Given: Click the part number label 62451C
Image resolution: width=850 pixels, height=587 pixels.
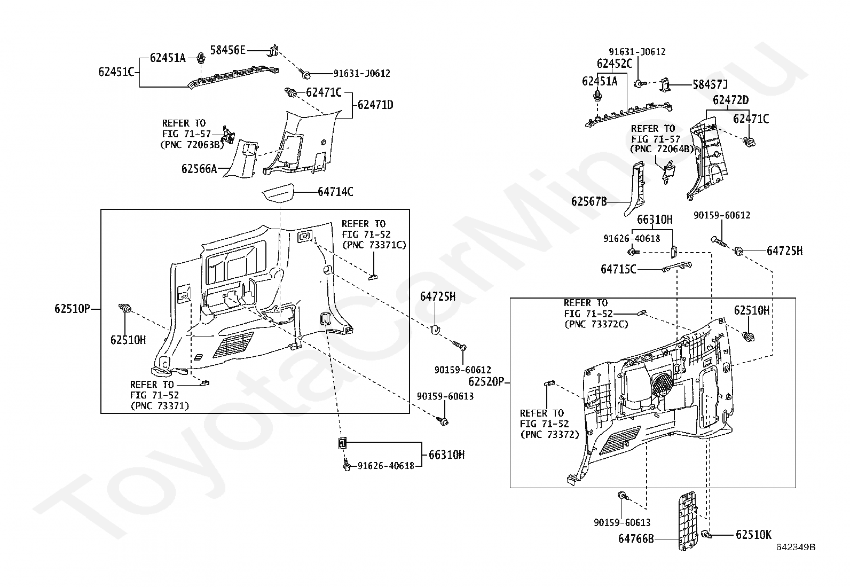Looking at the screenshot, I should click(x=116, y=72).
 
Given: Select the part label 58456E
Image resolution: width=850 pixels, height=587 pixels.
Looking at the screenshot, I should click(x=227, y=50).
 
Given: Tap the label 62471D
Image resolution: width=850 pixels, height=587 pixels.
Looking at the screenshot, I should click(x=375, y=105).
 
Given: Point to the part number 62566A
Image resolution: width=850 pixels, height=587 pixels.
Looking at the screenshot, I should click(x=199, y=169).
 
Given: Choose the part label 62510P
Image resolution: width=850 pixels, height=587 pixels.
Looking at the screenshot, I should click(x=72, y=308).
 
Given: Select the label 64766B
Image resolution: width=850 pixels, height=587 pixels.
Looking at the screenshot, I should click(x=636, y=539).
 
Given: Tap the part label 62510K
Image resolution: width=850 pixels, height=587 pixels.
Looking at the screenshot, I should click(x=753, y=535).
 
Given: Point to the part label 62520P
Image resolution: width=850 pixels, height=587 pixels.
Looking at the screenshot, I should click(x=486, y=382).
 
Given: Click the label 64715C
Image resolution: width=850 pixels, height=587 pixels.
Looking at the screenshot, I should click(x=618, y=269).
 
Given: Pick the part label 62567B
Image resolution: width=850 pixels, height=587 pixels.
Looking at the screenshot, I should click(x=589, y=201).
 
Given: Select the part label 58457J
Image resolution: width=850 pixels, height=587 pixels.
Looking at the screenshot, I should click(x=710, y=84).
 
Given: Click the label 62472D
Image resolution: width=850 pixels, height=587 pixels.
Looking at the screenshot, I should click(x=731, y=100).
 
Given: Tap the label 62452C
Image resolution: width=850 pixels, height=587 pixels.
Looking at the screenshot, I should click(x=615, y=64).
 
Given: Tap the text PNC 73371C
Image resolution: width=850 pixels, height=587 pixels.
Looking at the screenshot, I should click(x=374, y=245).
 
